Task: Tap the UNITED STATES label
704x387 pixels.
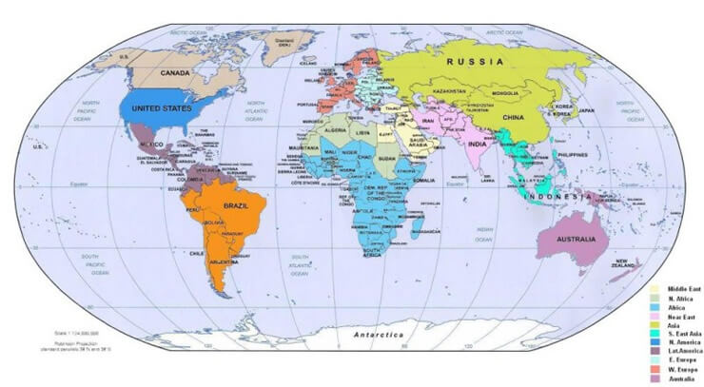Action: click(161, 108)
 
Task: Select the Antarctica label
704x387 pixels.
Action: click(379, 336)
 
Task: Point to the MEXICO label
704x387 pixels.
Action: click(154, 143)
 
